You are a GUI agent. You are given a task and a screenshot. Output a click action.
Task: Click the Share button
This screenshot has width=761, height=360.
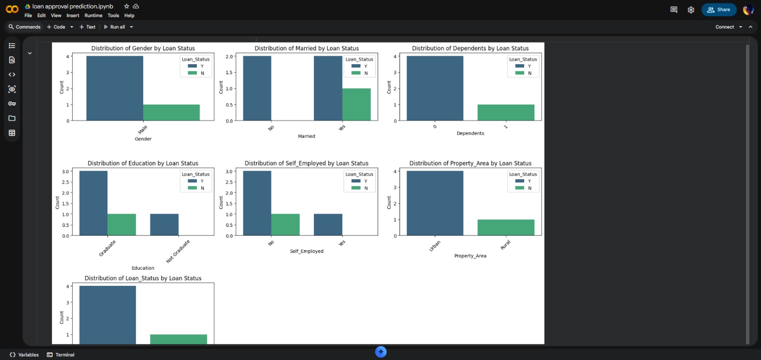[719, 10]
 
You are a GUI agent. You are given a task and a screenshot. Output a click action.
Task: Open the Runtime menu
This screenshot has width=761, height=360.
[93, 16]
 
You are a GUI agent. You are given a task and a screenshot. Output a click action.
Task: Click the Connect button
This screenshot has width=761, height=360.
[724, 27]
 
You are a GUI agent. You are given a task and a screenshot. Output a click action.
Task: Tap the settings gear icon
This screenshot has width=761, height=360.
[691, 10]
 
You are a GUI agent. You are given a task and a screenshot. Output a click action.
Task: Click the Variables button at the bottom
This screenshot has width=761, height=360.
[24, 355]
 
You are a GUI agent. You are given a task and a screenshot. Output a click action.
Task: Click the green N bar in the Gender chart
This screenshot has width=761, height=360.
[171, 112]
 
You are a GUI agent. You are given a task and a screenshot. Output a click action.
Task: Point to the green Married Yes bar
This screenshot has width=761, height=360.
[356, 104]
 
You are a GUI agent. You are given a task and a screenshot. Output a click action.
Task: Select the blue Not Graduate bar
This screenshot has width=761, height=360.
[164, 224]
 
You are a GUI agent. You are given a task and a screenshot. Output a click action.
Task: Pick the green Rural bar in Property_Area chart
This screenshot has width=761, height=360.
[506, 227]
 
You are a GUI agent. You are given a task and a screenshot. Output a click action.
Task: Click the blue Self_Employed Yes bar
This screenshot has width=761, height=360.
[328, 224]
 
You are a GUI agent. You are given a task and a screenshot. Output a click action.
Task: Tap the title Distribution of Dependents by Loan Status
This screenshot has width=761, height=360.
[470, 49]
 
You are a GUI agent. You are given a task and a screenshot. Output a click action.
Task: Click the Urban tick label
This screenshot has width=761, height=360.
[435, 246]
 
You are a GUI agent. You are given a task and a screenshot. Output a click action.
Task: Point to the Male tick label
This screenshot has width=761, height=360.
[143, 130]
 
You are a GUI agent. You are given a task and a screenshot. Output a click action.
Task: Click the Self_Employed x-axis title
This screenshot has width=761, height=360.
[306, 251]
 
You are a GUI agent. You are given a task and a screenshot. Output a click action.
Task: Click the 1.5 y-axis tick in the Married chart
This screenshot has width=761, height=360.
[229, 73]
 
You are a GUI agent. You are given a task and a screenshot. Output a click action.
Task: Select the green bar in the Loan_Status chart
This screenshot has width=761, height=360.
[178, 339]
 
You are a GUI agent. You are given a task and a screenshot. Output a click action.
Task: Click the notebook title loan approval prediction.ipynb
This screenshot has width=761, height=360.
[72, 7]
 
